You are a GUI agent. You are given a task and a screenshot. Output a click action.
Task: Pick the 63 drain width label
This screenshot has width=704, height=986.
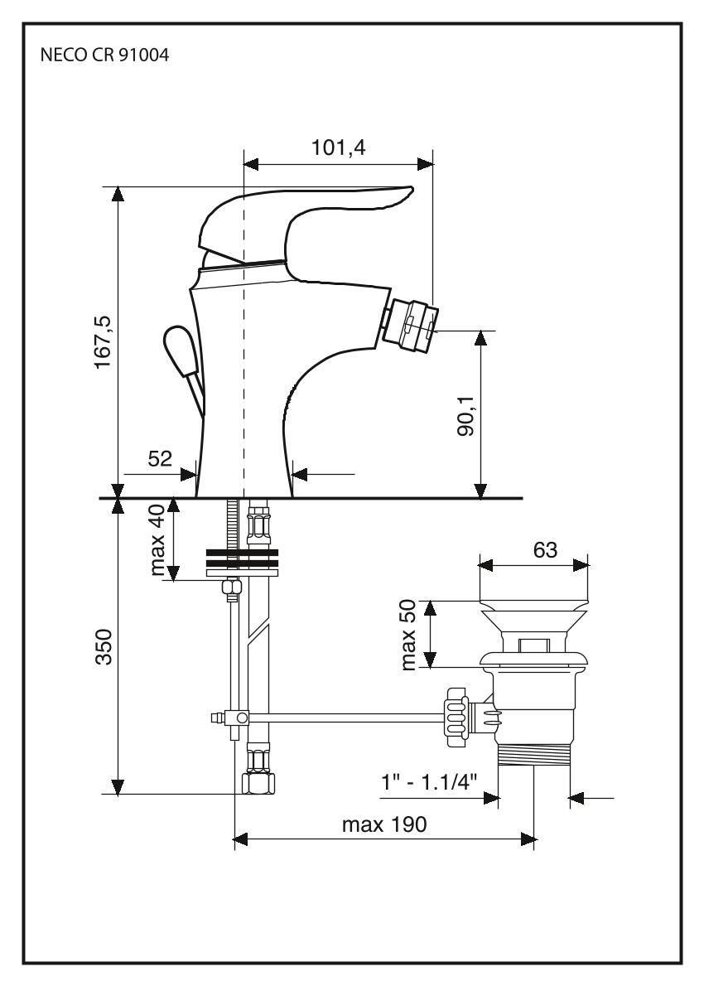533,549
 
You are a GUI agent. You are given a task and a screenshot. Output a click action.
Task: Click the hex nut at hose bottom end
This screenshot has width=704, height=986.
258,783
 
